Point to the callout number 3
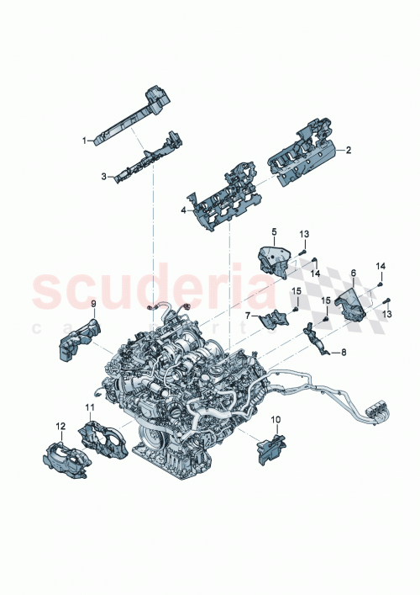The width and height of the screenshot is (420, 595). pyautogui.click(x=103, y=177)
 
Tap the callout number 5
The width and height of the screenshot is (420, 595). pyautogui.click(x=273, y=230)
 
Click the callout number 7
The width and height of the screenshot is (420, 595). pyautogui.click(x=248, y=316)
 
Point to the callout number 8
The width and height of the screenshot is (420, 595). pyautogui.click(x=344, y=353)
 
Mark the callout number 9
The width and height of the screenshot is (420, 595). pyautogui.click(x=93, y=302)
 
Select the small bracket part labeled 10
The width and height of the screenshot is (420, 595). pyautogui.click(x=270, y=447)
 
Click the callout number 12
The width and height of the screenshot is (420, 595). pyautogui.click(x=60, y=426)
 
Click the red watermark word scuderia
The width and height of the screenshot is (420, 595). pyautogui.click(x=151, y=290)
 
